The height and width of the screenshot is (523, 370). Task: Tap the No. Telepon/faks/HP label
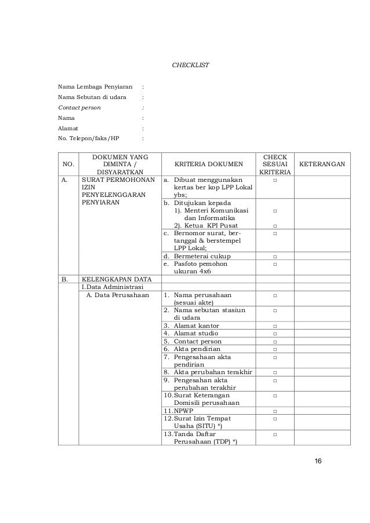pyautogui.click(x=88, y=138)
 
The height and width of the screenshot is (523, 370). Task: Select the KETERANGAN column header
pyautogui.click(x=321, y=164)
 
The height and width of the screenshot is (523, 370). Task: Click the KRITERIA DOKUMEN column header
pyautogui.click(x=208, y=164)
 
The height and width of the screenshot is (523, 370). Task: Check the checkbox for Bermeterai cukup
pyautogui.click(x=274, y=257)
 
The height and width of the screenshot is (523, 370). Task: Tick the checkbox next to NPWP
pyautogui.click(x=274, y=411)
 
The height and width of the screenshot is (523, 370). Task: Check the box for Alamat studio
pyautogui.click(x=274, y=334)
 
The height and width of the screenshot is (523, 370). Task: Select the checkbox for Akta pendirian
pyautogui.click(x=274, y=349)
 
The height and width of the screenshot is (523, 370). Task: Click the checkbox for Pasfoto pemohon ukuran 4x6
pyautogui.click(x=274, y=265)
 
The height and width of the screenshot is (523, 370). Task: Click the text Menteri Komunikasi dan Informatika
pyautogui.click(x=211, y=214)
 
